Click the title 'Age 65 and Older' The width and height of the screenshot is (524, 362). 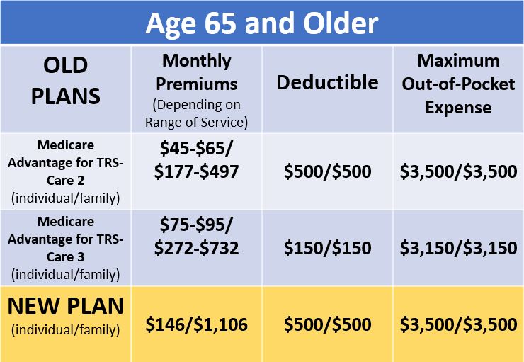(262, 23)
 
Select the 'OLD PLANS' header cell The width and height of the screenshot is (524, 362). (65, 81)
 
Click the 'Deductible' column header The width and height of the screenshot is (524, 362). (327, 82)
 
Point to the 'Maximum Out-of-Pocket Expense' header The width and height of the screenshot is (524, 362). (458, 84)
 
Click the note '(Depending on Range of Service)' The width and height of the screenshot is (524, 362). (197, 113)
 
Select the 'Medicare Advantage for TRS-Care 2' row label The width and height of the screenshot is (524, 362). (65, 163)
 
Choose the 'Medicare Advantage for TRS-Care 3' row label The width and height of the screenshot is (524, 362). (65, 239)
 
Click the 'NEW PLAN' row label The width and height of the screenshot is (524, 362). (65, 306)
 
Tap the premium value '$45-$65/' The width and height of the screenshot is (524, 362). (196, 148)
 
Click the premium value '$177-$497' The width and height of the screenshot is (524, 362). (197, 171)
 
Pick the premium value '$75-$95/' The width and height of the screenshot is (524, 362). (196, 225)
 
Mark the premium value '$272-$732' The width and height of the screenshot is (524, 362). (197, 248)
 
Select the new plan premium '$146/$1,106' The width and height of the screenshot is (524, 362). (197, 324)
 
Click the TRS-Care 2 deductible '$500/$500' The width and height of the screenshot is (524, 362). (327, 171)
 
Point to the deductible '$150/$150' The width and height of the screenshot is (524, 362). (327, 248)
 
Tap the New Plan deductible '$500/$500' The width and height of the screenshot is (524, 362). (327, 324)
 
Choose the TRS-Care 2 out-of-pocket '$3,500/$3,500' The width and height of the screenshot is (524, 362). (459, 171)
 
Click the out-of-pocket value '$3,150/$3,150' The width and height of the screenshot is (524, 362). (459, 248)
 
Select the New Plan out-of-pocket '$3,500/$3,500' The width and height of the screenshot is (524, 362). (459, 324)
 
